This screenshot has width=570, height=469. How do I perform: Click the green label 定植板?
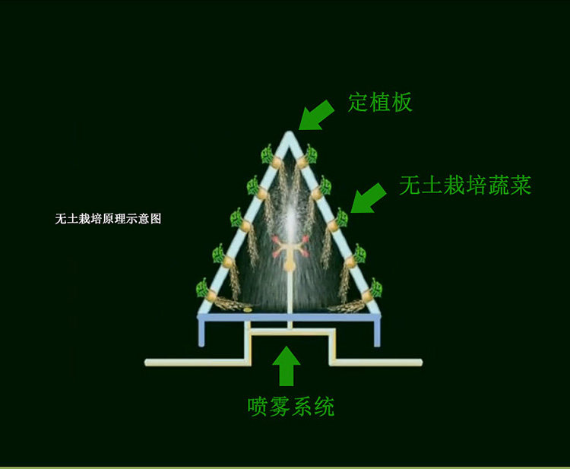coord(380,102)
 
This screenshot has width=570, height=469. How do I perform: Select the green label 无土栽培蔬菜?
coord(465,185)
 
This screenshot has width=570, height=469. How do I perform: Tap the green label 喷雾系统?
coord(291,406)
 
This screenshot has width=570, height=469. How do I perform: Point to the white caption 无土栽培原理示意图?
coord(108,218)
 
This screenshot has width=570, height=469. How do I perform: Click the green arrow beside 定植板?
coord(315,116)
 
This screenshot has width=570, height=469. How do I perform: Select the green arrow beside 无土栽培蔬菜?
coord(368,198)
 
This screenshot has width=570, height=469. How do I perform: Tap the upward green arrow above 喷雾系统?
coord(287,366)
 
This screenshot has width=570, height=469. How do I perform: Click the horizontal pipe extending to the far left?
coord(195,362)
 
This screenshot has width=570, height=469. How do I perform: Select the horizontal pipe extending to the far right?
coord(377,362)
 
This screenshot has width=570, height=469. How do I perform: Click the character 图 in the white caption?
coord(156,218)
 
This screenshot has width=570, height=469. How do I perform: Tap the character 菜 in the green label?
coord(521,185)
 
